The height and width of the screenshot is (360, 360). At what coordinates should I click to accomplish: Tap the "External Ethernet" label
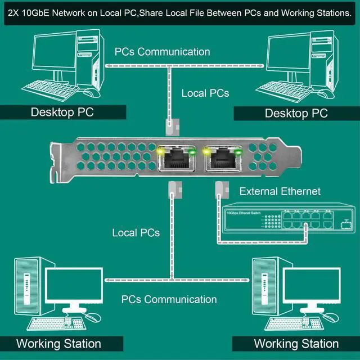280,191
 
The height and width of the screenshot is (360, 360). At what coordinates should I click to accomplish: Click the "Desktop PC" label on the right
296,113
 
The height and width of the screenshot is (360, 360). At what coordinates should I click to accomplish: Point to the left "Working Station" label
58,343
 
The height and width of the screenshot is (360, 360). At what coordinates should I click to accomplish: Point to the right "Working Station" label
296,343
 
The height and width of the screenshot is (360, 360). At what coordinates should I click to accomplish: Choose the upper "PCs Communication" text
162,52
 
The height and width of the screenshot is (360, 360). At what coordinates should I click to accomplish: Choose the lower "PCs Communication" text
169,299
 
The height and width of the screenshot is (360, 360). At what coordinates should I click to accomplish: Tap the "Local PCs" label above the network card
205,93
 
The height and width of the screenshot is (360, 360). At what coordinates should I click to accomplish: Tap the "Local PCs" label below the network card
136,232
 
